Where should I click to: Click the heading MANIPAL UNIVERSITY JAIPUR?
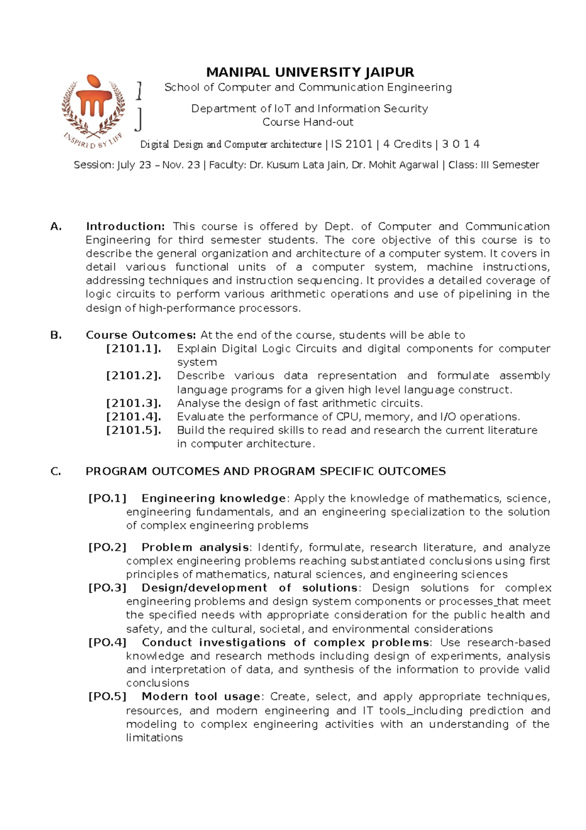click(x=310, y=73)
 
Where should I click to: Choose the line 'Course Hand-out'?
click(x=308, y=122)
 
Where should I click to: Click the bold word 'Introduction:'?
click(x=126, y=226)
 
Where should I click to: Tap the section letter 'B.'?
click(x=56, y=335)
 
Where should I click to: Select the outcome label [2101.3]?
click(x=133, y=403)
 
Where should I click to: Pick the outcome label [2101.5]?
click(x=133, y=431)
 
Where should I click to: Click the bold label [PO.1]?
click(x=107, y=499)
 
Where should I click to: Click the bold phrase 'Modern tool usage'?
click(x=201, y=697)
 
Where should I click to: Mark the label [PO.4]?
click(x=107, y=643)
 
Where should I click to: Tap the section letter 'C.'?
click(x=56, y=472)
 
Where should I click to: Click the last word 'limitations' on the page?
click(x=154, y=738)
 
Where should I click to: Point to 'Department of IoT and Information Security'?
click(x=310, y=109)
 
